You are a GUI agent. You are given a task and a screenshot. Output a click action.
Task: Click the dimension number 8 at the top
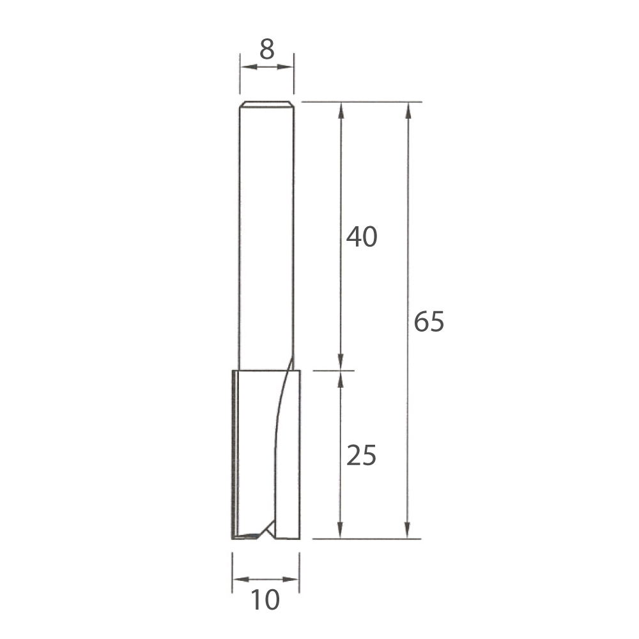[267, 49]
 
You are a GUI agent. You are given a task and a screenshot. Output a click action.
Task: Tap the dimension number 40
[362, 237]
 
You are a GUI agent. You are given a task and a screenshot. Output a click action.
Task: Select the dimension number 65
[429, 321]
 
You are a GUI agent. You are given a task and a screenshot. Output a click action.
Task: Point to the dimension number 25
[361, 455]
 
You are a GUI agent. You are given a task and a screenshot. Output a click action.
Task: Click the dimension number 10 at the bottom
[265, 599]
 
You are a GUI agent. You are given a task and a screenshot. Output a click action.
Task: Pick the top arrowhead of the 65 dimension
[408, 110]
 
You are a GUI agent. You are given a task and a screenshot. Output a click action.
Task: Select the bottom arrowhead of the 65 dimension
[408, 530]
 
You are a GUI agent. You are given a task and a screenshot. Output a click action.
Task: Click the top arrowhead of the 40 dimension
[341, 110]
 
